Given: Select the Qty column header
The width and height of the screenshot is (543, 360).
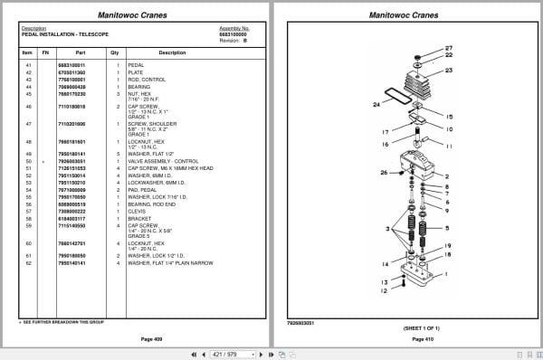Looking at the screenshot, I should point(115,52).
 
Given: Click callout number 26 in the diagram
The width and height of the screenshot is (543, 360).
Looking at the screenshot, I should point(384,172).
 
